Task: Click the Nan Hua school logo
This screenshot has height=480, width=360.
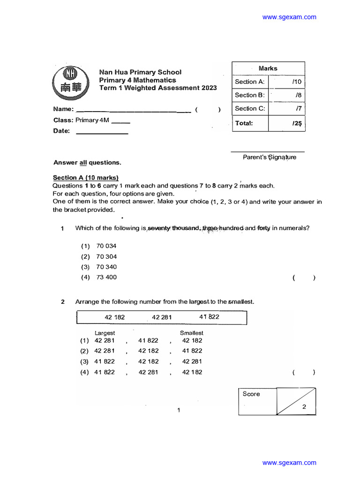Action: [x=70, y=81]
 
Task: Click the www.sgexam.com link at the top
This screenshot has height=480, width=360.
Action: [x=289, y=17]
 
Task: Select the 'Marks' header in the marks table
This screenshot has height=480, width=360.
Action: [x=268, y=68]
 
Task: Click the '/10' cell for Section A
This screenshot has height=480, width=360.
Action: [x=297, y=82]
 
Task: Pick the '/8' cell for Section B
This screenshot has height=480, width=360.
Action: [x=298, y=95]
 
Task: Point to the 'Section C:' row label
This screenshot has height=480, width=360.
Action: [x=250, y=108]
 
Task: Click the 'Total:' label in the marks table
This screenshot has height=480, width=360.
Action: [x=244, y=123]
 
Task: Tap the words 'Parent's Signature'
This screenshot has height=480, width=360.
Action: [x=270, y=157]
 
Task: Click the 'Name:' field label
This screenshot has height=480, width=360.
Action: [x=63, y=109]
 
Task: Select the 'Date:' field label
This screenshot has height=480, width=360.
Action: [x=61, y=131]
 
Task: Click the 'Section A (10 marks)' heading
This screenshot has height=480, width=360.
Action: [x=85, y=178]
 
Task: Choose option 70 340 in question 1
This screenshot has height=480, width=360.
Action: [x=106, y=267]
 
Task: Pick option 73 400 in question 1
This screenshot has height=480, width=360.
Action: [x=106, y=277]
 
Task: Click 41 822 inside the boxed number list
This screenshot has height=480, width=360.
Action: [x=209, y=317]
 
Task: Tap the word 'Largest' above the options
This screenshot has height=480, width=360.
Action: [x=105, y=333]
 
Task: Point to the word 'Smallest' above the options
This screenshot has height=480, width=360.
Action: [x=192, y=333]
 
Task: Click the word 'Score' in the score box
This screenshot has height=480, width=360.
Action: [x=251, y=394]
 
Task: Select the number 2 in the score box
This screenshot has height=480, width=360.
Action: [x=304, y=407]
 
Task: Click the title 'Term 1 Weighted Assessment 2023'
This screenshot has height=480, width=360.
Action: [x=158, y=88]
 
